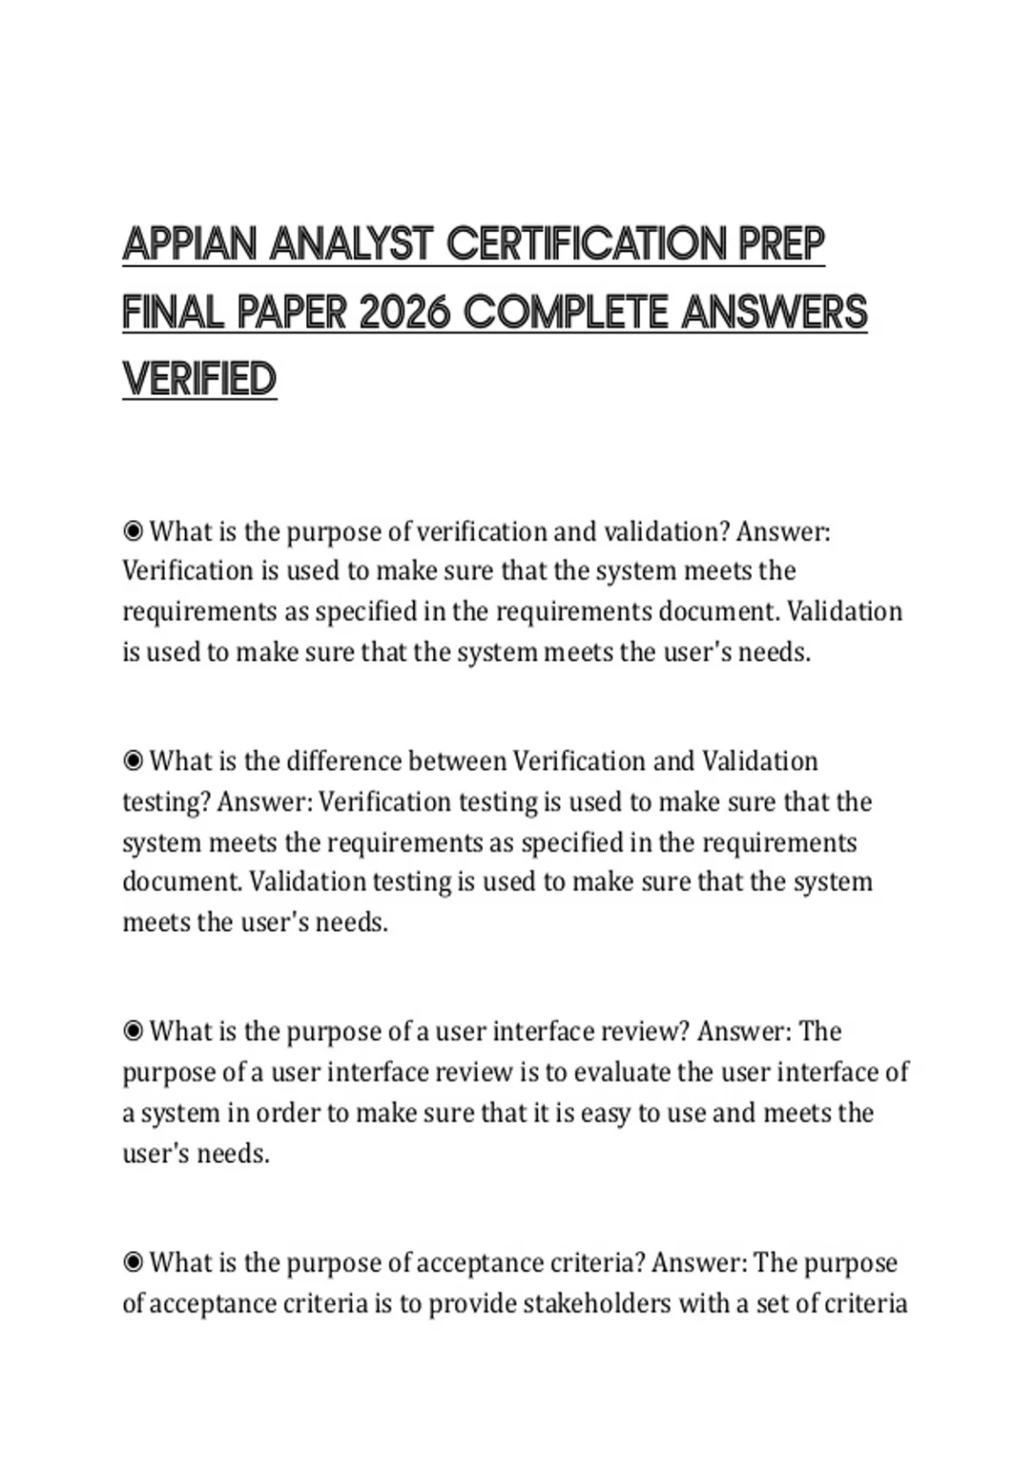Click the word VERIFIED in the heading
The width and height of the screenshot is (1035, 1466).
[199, 379]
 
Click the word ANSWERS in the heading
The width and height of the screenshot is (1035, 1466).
[774, 312]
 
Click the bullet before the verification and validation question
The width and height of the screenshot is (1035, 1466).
[133, 531]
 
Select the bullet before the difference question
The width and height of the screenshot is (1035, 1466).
[133, 761]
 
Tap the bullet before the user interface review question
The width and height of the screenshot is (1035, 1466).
[133, 1031]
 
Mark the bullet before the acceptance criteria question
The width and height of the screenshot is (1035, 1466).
[133, 1263]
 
